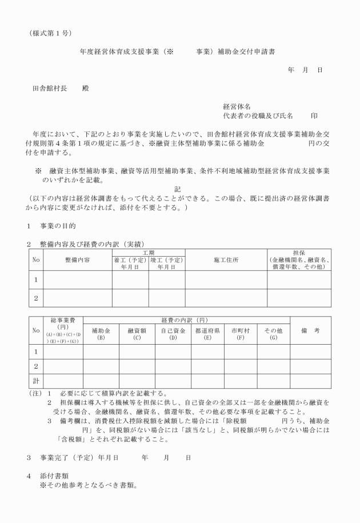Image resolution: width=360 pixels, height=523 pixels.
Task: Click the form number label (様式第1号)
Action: click(50, 33)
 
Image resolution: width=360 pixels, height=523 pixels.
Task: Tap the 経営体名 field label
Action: click(237, 106)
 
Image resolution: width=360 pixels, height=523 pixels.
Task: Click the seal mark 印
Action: click(314, 115)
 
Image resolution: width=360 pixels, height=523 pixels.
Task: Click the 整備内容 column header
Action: click(78, 259)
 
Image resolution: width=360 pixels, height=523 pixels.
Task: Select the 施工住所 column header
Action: click(226, 259)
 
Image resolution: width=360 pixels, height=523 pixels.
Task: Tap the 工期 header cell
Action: click(148, 252)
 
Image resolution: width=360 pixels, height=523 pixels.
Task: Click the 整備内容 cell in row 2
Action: click(78, 298)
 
